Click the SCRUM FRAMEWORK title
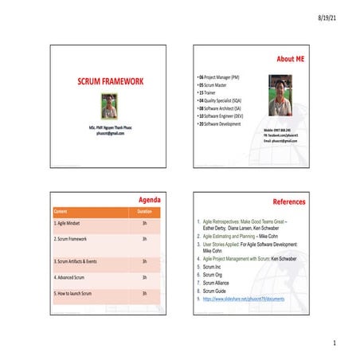pos(110,82)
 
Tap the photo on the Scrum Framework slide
pos(110,107)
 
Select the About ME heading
pos(292,59)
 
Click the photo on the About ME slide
pos(280,96)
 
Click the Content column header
pos(61,212)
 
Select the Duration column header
pos(144,212)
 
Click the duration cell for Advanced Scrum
pos(144,277)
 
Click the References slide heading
pos(289,203)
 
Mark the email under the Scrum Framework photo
pos(110,135)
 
